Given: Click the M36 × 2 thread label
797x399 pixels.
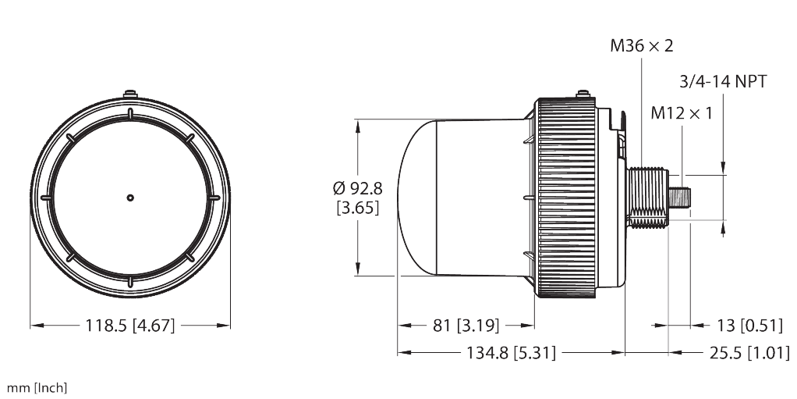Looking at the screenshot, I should pos(641,46).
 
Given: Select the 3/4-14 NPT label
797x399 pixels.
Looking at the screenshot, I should pos(723,81).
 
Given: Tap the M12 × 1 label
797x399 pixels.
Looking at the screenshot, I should pos(682,113).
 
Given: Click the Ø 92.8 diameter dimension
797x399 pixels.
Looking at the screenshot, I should pos(357,188).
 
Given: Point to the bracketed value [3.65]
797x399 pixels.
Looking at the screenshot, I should pos(357,208).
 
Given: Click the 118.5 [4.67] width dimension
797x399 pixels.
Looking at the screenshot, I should pos(129,326).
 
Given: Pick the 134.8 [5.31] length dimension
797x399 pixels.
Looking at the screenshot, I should pos(511,353).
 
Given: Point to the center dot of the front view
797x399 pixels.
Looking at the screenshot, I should pos(130,198).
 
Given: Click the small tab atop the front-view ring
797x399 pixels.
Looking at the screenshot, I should pos(130,95).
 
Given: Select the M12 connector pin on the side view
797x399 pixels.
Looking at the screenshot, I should pos(681,198).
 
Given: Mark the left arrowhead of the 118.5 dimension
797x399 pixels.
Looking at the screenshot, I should pos(34,326).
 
